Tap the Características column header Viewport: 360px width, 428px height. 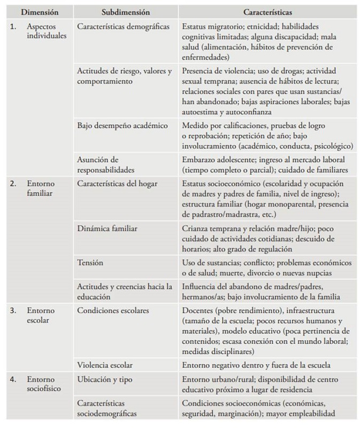click(x=266, y=11)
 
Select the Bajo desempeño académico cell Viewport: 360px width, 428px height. click(x=122, y=126)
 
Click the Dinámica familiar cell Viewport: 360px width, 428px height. click(x=107, y=228)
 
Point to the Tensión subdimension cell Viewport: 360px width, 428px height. click(x=90, y=263)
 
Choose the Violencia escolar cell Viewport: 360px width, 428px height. click(x=105, y=365)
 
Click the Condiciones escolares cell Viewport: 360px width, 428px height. click(x=113, y=310)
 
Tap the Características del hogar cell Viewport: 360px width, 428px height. click(x=117, y=183)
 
